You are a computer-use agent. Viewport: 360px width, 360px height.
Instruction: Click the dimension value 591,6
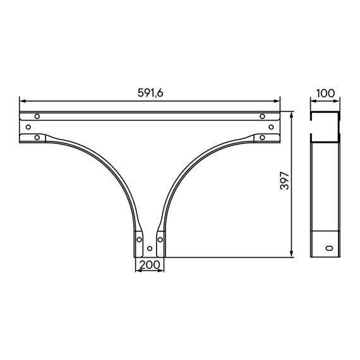point(150,93)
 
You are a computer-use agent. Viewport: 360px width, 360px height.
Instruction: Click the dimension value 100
point(325,93)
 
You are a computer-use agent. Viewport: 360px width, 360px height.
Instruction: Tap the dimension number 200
point(150,265)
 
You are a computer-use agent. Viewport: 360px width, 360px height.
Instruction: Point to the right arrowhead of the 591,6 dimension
point(277,100)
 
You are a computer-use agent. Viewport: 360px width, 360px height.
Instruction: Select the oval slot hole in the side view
point(327,248)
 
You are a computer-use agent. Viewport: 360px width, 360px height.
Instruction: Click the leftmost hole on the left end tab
point(28,127)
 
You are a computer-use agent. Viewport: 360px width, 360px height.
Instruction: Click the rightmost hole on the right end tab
point(272,127)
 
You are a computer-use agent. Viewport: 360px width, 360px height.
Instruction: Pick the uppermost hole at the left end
point(37,116)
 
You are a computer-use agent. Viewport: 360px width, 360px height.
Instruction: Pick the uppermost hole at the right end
point(262,116)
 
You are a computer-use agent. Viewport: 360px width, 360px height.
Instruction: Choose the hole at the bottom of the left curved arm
point(139,239)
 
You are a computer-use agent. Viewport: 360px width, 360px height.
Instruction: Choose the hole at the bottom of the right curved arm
point(160,239)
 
